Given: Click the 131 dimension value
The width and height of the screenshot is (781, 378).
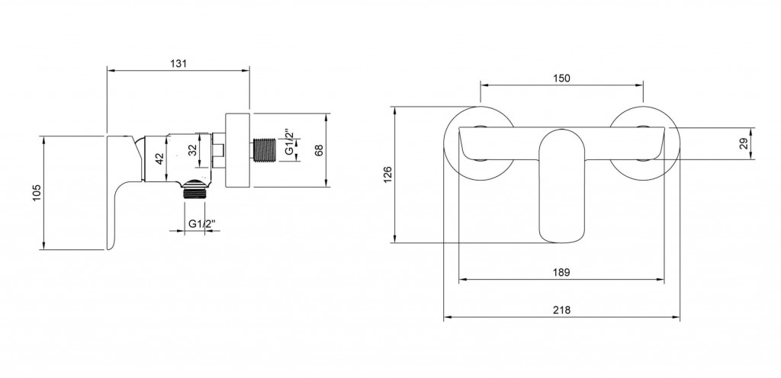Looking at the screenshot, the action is click(178, 63).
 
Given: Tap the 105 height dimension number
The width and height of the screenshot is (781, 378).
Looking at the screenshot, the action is click(37, 193).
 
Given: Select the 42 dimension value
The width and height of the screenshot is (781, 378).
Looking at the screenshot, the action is click(159, 159).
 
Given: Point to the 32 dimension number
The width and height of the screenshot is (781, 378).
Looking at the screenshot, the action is click(193, 150).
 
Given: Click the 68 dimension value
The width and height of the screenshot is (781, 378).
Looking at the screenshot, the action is click(319, 149).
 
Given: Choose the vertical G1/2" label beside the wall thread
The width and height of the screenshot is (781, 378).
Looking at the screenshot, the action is click(289, 143).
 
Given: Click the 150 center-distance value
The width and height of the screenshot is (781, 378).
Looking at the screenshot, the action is click(561, 78).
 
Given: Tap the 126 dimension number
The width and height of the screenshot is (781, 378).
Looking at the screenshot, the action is click(388, 175).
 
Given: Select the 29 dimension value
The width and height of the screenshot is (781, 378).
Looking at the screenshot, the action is click(744, 144).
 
